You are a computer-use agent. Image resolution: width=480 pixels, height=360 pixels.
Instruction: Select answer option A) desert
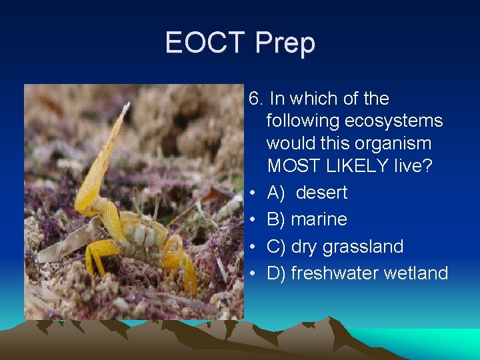click(307, 193)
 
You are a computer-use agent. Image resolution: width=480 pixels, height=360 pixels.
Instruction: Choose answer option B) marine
click(307, 219)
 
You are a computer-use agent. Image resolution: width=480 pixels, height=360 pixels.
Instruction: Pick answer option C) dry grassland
click(335, 247)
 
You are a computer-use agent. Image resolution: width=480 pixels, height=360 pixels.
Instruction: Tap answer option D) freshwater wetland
click(357, 273)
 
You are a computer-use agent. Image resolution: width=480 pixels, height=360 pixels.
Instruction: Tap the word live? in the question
click(413, 165)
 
